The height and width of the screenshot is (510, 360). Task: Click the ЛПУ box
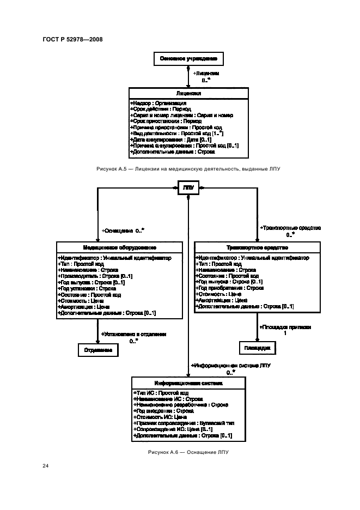coord(188,188)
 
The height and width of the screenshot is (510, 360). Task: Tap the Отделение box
coord(98,350)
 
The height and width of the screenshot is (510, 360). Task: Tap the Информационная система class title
coord(188,384)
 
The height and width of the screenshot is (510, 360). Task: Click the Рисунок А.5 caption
coord(188,169)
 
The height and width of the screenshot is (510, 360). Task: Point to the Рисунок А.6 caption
coord(188,453)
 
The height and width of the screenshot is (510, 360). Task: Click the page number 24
coord(46,466)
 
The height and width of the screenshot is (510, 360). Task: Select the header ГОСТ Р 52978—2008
coord(72,39)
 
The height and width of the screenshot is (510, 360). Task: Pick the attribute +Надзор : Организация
coord(159,102)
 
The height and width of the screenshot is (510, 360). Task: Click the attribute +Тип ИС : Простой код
coord(161,393)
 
